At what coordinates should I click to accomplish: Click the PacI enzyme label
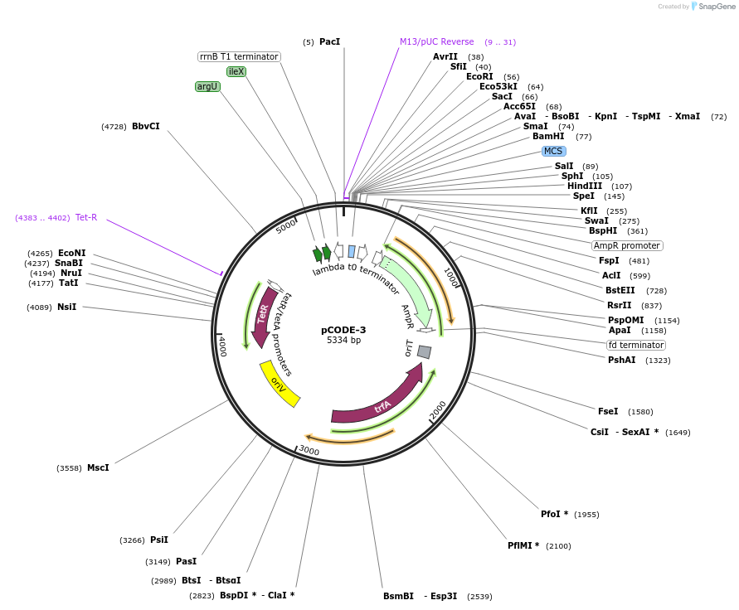pyautogui.click(x=329, y=41)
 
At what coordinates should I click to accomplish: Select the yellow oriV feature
pyautogui.click(x=280, y=384)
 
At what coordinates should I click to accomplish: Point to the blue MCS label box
pyautogui.click(x=553, y=151)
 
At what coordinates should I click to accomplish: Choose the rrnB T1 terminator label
pyautogui.click(x=239, y=56)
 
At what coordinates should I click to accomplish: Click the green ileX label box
pyautogui.click(x=236, y=71)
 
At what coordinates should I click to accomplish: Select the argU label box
pyautogui.click(x=207, y=86)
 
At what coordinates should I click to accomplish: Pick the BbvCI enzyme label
pyautogui.click(x=146, y=126)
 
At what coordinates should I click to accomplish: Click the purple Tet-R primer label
pyautogui.click(x=86, y=217)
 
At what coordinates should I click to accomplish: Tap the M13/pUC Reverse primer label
pyautogui.click(x=437, y=41)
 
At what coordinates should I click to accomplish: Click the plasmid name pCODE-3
pyautogui.click(x=343, y=329)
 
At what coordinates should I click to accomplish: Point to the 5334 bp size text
pyautogui.click(x=343, y=340)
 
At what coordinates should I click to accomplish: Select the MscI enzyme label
pyautogui.click(x=98, y=467)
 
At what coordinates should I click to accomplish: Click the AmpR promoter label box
pyautogui.click(x=627, y=245)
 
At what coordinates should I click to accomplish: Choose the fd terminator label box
pyautogui.click(x=636, y=345)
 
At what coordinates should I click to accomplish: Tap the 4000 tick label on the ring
pyautogui.click(x=222, y=346)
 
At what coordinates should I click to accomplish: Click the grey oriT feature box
pyautogui.click(x=424, y=351)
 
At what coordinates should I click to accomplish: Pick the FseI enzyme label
pyautogui.click(x=608, y=411)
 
